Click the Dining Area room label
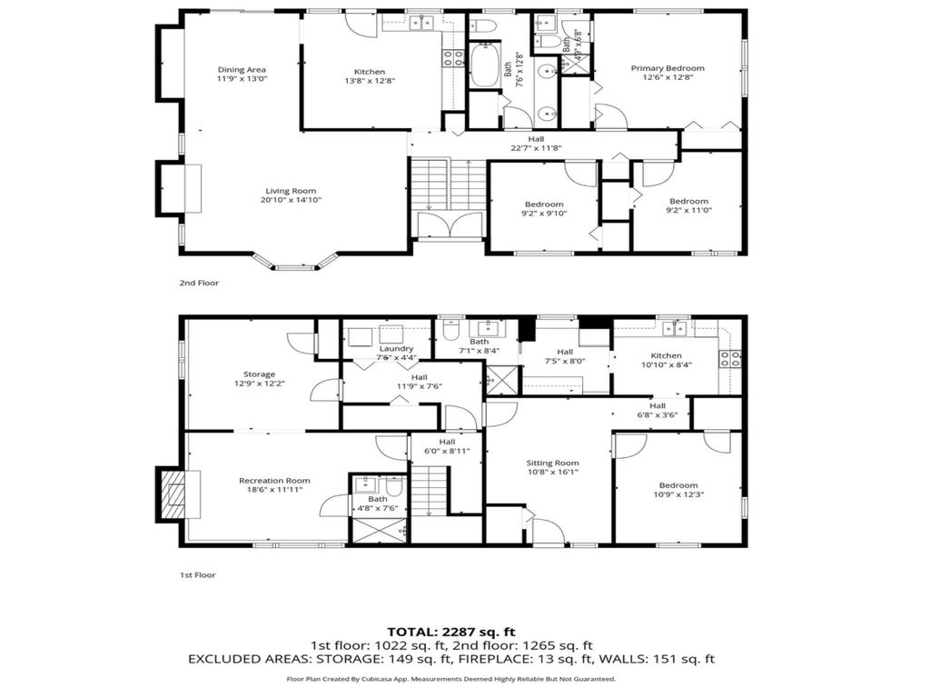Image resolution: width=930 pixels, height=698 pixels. click(242, 69)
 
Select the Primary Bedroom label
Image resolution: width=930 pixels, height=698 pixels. click(668, 68)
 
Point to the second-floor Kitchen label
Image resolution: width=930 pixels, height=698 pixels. click(370, 72)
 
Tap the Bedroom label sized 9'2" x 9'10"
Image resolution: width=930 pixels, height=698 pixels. click(544, 204)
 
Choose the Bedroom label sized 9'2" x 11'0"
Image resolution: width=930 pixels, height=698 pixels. click(688, 201)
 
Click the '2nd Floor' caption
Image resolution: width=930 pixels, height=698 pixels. click(199, 283)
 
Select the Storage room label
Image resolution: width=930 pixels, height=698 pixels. click(259, 374)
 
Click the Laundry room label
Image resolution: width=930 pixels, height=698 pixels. click(397, 348)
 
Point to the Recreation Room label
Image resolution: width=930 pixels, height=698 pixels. click(274, 481)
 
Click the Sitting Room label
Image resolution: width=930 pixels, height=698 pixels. click(553, 463)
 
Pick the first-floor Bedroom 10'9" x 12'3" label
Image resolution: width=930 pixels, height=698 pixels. click(678, 485)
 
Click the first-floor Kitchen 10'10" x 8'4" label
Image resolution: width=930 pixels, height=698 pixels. click(666, 355)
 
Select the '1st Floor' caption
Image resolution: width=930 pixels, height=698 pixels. click(198, 574)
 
